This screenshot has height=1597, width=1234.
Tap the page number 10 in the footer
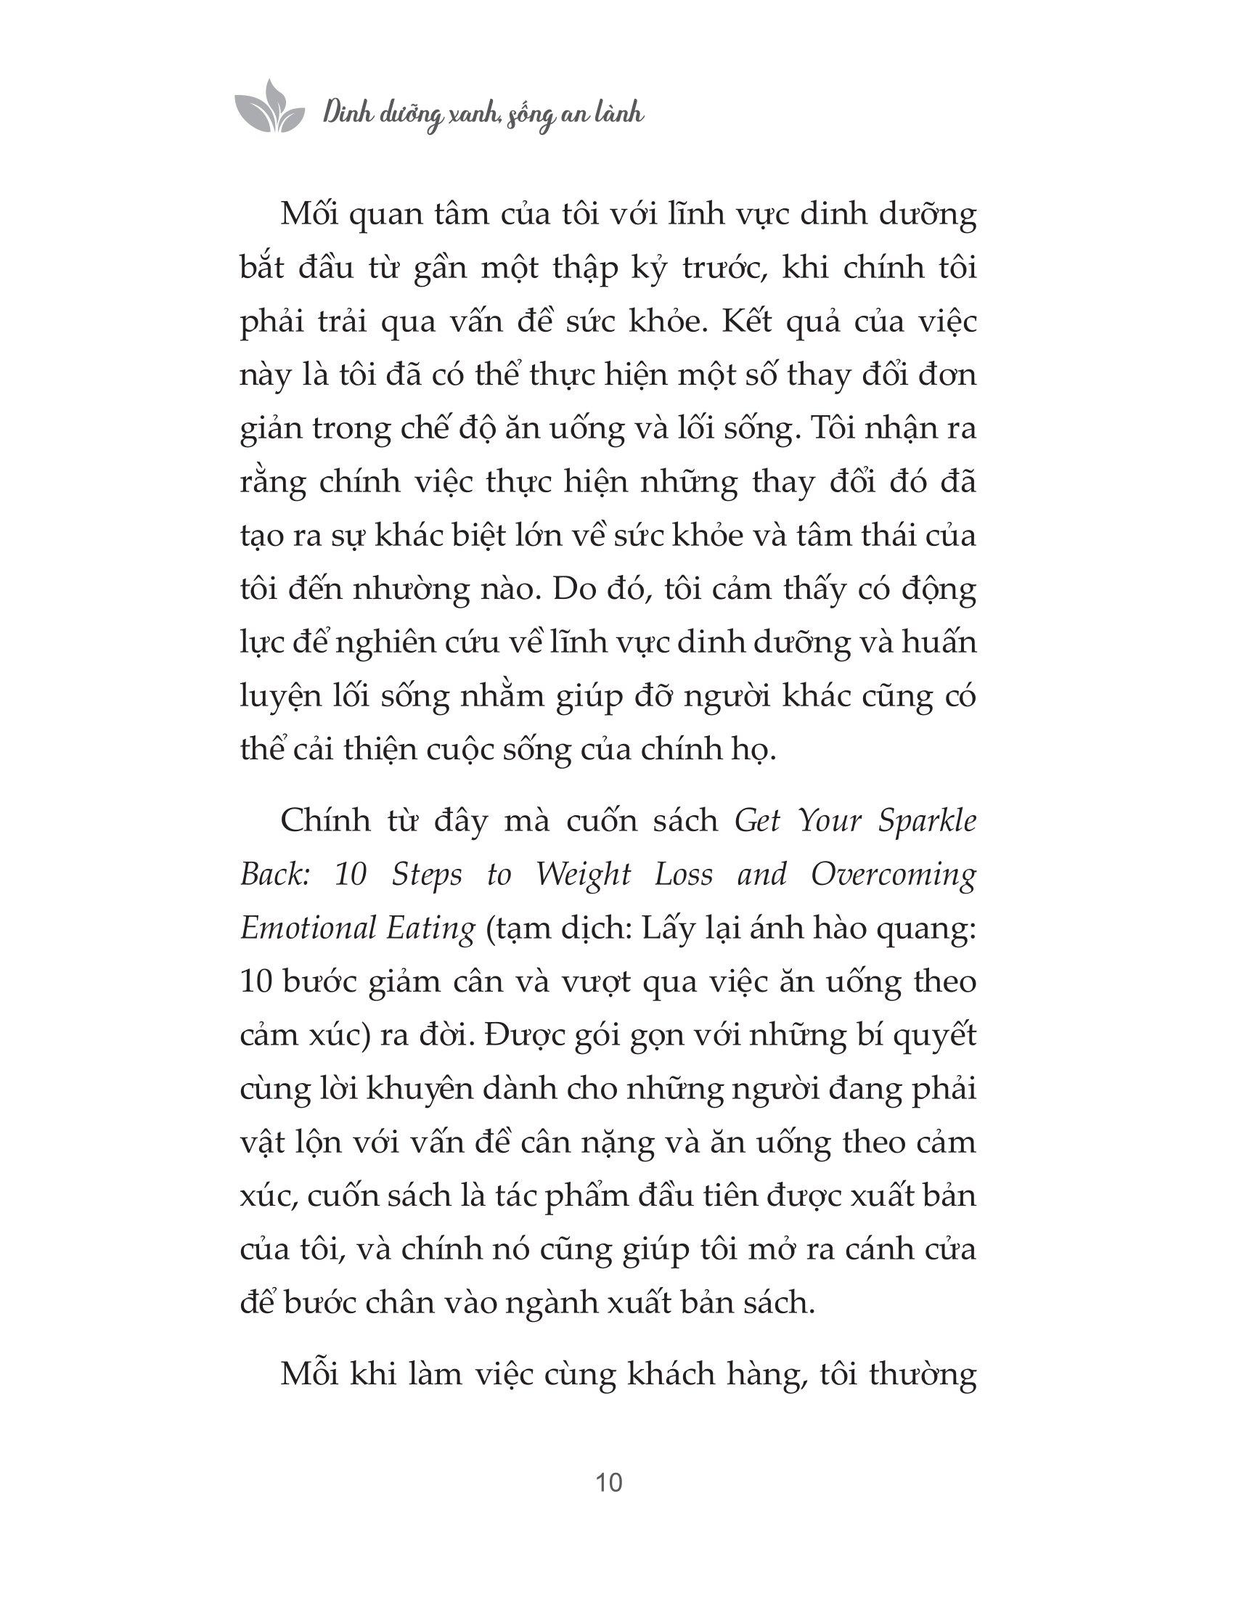pos(609,1482)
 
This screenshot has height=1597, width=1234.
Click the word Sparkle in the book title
pos(928,821)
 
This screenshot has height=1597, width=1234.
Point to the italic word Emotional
pos(304,928)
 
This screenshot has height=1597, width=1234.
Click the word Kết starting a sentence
pos(746,322)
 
